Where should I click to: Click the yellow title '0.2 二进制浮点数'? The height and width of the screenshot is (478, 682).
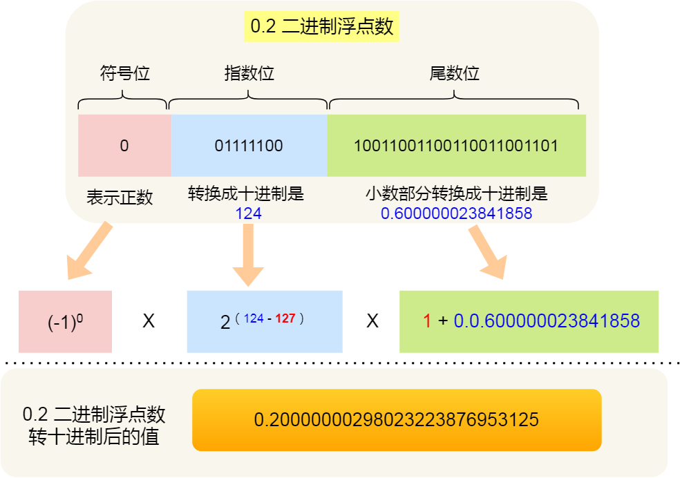[321, 27]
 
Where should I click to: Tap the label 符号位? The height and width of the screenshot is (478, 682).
[124, 73]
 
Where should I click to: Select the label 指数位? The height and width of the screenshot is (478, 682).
[249, 73]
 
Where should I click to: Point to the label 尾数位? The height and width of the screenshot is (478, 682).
[455, 73]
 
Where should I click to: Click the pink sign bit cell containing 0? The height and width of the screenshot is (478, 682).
[124, 146]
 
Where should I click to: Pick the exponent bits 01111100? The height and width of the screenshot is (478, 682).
[249, 146]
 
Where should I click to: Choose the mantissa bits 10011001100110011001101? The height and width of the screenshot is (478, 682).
[456, 146]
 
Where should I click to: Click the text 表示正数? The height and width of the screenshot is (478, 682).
[120, 198]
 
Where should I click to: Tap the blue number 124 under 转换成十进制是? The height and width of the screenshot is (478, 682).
[248, 213]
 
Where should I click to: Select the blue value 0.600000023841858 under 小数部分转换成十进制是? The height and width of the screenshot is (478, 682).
[456, 213]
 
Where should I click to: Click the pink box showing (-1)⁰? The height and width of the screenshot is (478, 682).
[66, 322]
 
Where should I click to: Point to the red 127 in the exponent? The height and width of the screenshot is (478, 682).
[285, 318]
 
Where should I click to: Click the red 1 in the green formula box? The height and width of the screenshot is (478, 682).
[426, 321]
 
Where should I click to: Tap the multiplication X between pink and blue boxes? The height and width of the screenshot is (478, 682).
[149, 321]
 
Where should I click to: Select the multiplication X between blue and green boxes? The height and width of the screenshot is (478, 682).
[372, 321]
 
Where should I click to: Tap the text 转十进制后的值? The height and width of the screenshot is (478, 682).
[94, 437]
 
